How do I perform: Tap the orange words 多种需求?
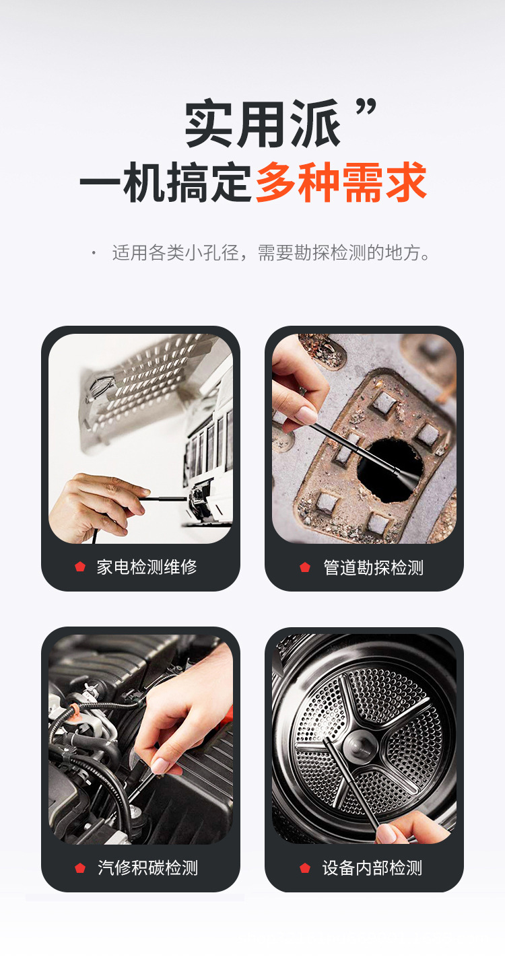(x=341, y=182)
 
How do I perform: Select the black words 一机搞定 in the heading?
(x=166, y=182)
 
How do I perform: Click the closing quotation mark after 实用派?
(x=366, y=108)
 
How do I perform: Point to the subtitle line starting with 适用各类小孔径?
(x=271, y=254)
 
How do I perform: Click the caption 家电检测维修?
(x=147, y=567)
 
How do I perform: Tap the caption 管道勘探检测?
(x=373, y=567)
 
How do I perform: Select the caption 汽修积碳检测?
(x=147, y=867)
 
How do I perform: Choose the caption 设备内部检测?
(x=372, y=867)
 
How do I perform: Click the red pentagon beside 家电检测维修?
(x=80, y=567)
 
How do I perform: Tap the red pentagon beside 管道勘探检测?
(x=305, y=567)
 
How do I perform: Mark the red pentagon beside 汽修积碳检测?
(x=80, y=867)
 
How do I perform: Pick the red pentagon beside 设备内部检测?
(x=305, y=867)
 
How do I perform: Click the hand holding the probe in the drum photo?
(x=411, y=829)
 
